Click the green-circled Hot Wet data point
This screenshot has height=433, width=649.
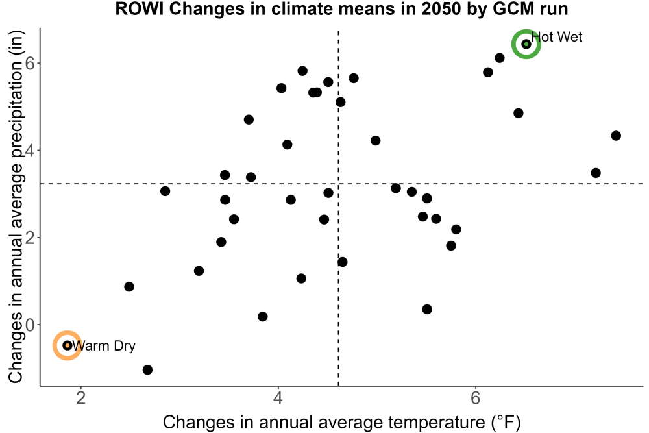pyautogui.click(x=526, y=44)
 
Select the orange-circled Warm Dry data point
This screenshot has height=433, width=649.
pyautogui.click(x=67, y=345)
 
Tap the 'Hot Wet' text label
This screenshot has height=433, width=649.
pyautogui.click(x=557, y=37)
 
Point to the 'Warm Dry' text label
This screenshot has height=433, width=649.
pyautogui.click(x=104, y=345)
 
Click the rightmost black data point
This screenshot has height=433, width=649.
pyautogui.click(x=616, y=136)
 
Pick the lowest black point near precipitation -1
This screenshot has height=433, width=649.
pyautogui.click(x=147, y=369)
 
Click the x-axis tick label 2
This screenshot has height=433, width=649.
pyautogui.click(x=81, y=399)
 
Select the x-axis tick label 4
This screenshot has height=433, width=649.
pyautogui.click(x=278, y=399)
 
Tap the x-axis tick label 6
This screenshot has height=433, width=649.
pyautogui.click(x=475, y=399)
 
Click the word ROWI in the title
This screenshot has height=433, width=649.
pyautogui.click(x=140, y=8)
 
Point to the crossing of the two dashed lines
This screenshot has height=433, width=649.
pyautogui.click(x=339, y=183)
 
